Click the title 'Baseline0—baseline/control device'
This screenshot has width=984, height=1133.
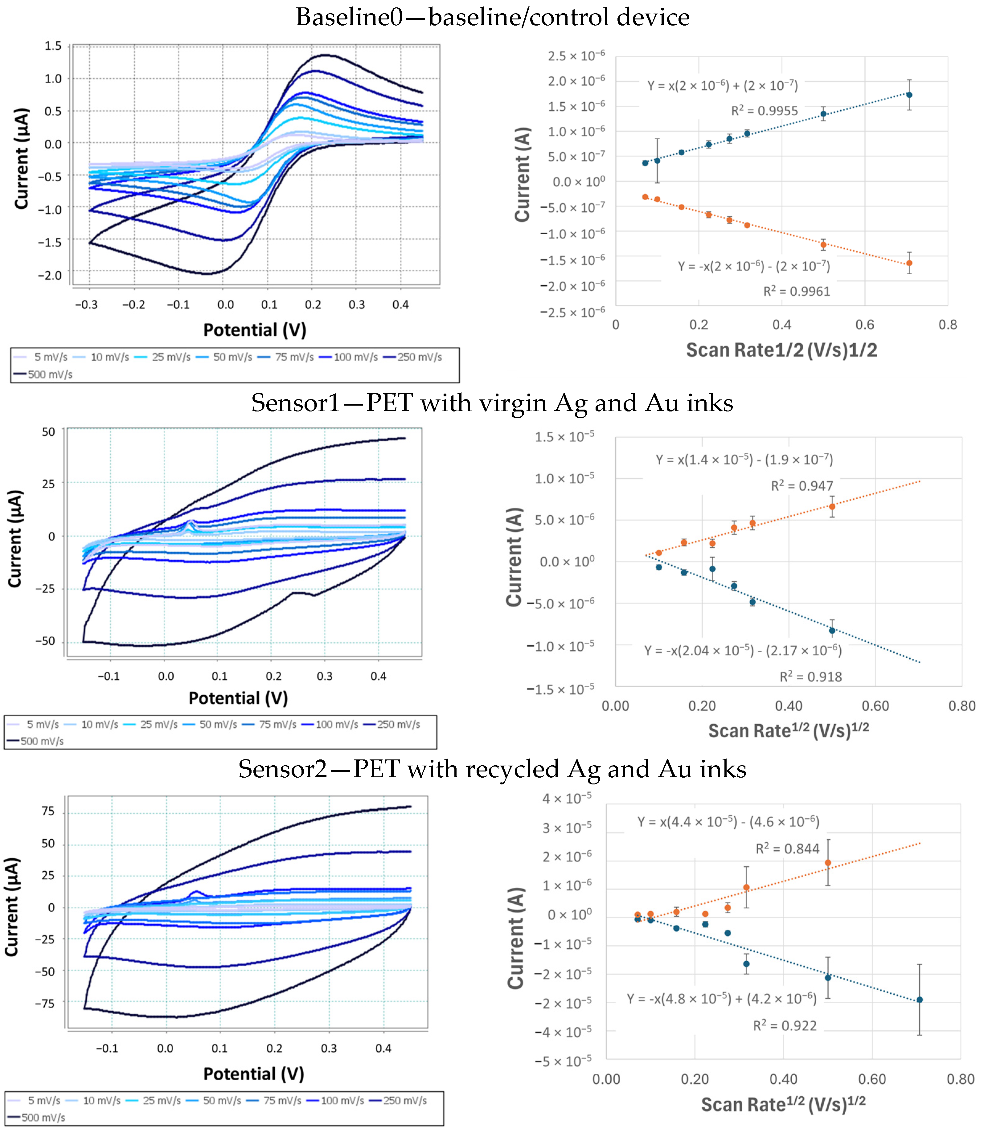[x=493, y=17]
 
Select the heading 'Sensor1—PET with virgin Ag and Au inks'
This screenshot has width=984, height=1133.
[x=492, y=403]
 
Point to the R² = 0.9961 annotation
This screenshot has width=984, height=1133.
[x=797, y=291]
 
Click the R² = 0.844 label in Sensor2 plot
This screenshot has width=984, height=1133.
[x=787, y=848]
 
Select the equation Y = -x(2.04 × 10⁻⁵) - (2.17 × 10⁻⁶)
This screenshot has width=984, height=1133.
[x=743, y=650]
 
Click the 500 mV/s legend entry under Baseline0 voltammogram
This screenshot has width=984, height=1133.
[x=43, y=374]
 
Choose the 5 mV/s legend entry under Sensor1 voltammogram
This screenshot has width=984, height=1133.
[x=34, y=725]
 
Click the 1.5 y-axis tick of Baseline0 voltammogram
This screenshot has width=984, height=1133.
[x=53, y=46]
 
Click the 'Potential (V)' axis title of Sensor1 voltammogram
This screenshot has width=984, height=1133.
[x=238, y=698]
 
